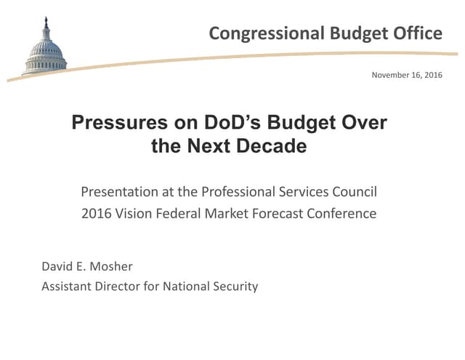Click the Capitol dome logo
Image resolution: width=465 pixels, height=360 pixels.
point(45,48)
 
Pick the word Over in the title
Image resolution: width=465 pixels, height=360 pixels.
point(365,123)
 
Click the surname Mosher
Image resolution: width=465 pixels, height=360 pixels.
point(111,266)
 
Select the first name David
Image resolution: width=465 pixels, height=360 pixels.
point(57,266)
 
